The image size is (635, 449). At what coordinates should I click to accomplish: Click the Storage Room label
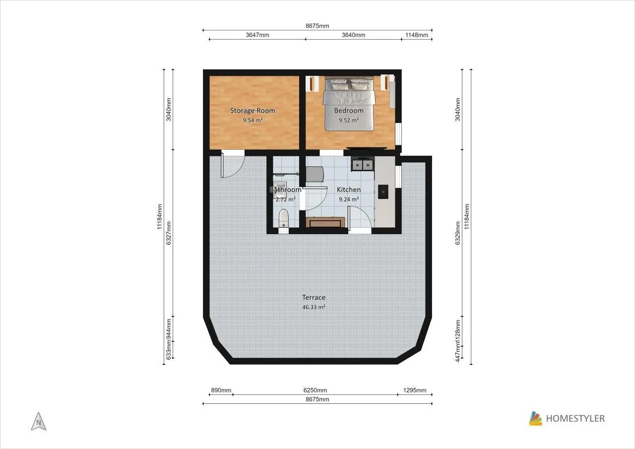(x=253, y=111)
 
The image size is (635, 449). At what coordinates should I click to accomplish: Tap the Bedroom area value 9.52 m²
(x=349, y=120)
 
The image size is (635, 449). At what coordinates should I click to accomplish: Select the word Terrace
(x=314, y=297)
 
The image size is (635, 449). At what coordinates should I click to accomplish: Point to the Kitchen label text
(x=349, y=190)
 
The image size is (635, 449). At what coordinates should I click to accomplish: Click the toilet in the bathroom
(x=283, y=218)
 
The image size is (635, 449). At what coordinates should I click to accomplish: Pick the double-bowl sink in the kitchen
(x=363, y=164)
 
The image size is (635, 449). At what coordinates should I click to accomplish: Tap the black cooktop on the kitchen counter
(x=383, y=192)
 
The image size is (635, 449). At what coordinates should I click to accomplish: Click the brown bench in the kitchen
(x=325, y=222)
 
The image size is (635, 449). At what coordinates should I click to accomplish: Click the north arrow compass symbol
(x=39, y=421)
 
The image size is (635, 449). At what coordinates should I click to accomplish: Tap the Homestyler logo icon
(x=535, y=418)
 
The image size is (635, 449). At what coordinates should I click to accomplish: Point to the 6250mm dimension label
(x=315, y=390)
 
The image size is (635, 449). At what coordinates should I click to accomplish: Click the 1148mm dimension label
(x=416, y=35)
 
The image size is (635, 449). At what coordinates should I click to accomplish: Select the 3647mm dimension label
(x=257, y=35)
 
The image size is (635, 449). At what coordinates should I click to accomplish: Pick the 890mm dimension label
(x=221, y=390)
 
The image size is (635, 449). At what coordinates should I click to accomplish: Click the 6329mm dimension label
(x=457, y=233)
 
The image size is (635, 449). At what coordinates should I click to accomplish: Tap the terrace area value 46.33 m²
(x=314, y=307)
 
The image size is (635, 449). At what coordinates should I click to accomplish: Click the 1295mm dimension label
(x=415, y=390)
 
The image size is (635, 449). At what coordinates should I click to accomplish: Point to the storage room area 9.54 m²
(x=253, y=120)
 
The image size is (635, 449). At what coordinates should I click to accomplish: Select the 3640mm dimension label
(x=353, y=35)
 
